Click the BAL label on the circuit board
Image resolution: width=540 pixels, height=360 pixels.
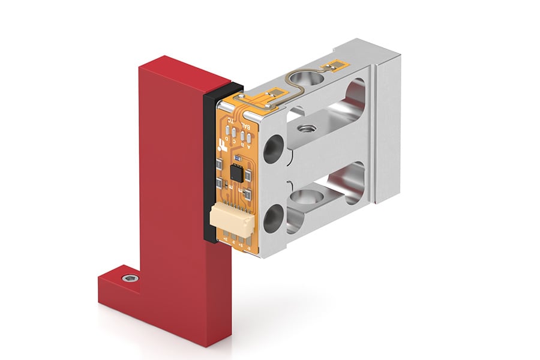click(246, 125)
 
